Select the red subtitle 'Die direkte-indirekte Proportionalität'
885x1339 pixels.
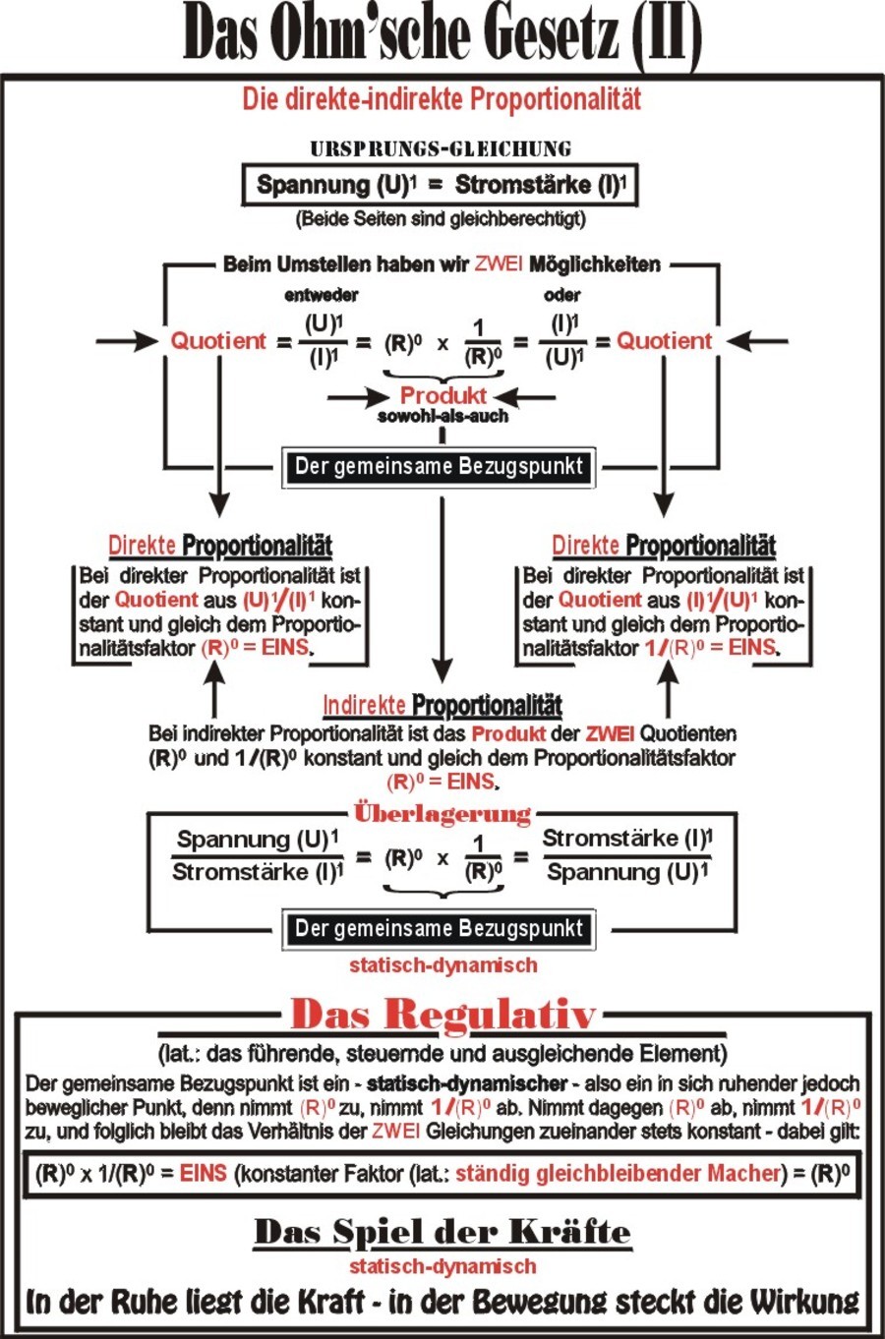point(442,99)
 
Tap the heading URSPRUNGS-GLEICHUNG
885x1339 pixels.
point(441,148)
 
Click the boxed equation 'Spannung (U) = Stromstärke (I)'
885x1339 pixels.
point(441,185)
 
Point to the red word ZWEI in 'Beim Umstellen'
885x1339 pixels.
point(499,263)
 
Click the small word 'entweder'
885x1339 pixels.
point(322,295)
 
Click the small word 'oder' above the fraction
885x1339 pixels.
point(562,295)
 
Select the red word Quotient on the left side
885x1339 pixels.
point(218,341)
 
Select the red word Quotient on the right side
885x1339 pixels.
point(665,341)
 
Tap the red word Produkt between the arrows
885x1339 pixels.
point(443,395)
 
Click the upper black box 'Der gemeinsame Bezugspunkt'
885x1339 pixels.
point(439,466)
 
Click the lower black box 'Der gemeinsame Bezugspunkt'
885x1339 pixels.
point(439,928)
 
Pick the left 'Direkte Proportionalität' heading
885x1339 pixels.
point(220,546)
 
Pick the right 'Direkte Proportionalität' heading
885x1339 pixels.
point(664,546)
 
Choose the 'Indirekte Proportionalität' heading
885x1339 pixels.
point(442,706)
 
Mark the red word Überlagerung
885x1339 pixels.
point(442,814)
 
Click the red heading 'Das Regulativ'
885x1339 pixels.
point(443,1015)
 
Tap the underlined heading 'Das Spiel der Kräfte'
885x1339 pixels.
point(442,1232)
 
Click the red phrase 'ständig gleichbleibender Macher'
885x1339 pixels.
point(619,1174)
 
